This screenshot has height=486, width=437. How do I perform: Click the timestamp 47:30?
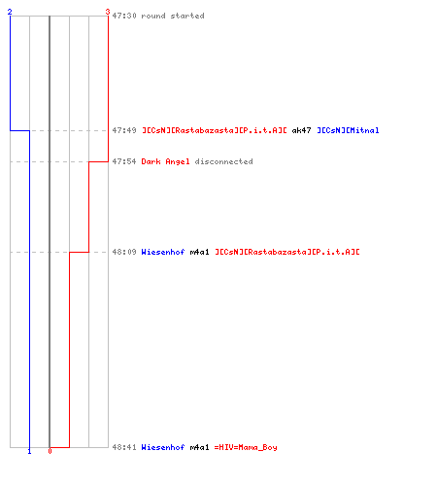[x=124, y=16]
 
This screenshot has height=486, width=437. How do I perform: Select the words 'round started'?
[x=173, y=16]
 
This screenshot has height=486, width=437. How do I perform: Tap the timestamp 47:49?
[x=124, y=130]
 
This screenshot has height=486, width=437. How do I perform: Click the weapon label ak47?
[x=301, y=130]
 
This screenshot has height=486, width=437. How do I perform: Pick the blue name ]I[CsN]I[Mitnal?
[x=348, y=130]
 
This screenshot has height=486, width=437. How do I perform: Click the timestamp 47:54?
[x=124, y=161]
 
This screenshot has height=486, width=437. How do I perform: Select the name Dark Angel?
[x=165, y=161]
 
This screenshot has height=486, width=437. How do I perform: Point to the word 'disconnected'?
[x=223, y=161]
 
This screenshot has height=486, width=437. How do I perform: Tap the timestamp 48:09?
[x=124, y=252]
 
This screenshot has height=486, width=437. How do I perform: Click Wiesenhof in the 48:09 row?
[x=163, y=252]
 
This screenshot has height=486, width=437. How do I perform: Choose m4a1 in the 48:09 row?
[x=199, y=252]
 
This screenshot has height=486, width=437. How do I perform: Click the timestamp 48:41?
[x=124, y=447]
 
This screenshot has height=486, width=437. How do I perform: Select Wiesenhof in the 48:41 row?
[x=163, y=447]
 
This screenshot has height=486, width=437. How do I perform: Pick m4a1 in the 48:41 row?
[x=199, y=447]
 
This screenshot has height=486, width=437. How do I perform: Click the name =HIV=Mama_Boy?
[x=246, y=447]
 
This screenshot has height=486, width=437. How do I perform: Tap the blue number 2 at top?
[x=10, y=12]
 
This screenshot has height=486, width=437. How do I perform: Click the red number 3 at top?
[x=108, y=12]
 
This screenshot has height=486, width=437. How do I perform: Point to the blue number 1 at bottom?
[x=29, y=451]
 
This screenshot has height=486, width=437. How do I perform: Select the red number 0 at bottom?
[x=50, y=451]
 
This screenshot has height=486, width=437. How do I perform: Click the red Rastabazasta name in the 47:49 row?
[x=215, y=130]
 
